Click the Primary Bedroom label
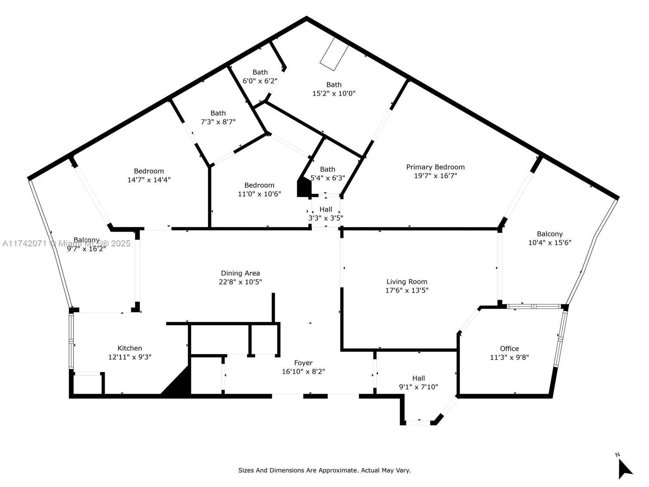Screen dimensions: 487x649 [435, 167]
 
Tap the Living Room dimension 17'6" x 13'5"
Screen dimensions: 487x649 [406, 290]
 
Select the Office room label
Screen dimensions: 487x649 [509, 349]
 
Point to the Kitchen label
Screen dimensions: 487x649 [129, 348]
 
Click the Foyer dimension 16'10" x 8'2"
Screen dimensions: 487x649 [303, 371]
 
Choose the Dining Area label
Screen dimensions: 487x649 [240, 273]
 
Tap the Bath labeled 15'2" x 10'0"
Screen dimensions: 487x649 [333, 89]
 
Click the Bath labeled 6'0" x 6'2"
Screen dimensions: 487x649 [260, 76]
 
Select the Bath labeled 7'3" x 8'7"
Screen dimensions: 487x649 [218, 117]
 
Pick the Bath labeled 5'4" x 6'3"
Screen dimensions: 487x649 [327, 173]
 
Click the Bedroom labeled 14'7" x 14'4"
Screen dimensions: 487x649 [148, 175]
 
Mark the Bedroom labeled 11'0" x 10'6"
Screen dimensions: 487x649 [259, 190]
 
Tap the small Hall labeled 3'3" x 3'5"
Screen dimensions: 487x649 [325, 213]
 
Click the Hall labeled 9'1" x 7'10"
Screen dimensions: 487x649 [418, 382]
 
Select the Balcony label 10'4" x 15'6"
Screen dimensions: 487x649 [550, 238]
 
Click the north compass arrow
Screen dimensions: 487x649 [624, 469]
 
